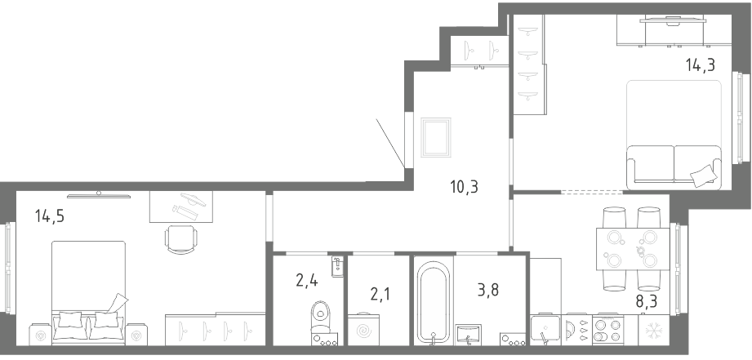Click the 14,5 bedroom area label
click(49, 216)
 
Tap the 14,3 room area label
click(701, 64)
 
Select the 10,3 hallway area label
click(465, 187)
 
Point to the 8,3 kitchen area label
click(646, 301)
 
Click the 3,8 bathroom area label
click(487, 290)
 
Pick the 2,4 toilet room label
click(306, 279)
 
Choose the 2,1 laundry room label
click(380, 293)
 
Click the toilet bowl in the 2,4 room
click(320, 317)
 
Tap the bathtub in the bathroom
click(433, 303)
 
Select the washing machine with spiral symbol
click(363, 330)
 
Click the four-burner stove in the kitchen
click(607, 330)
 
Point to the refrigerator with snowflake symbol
click(653, 330)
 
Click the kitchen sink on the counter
click(545, 331)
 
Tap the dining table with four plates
click(633, 249)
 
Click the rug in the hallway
click(435, 138)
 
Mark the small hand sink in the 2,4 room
click(338, 266)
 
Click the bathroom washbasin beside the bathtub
click(468, 335)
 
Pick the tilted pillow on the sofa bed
click(703, 176)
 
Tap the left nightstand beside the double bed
click(40, 335)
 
